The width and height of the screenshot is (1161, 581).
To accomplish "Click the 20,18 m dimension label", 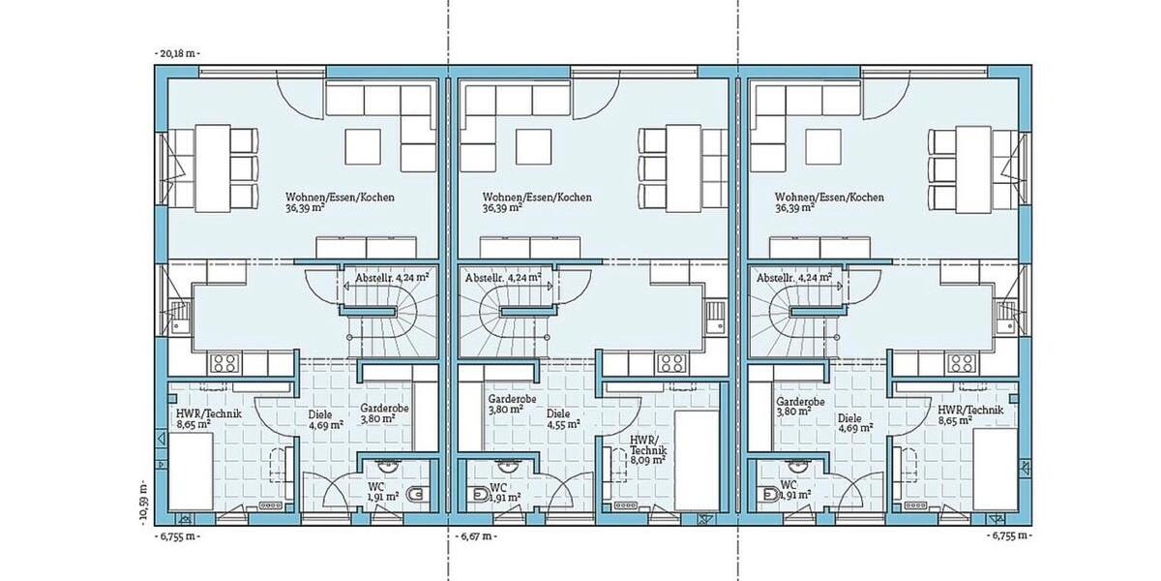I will [177, 53].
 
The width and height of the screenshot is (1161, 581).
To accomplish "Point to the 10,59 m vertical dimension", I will [144, 500].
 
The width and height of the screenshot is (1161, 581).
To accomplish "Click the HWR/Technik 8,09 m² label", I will [640, 449].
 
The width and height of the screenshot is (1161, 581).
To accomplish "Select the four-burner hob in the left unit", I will [225, 364].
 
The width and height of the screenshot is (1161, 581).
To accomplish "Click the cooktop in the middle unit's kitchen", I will [670, 364].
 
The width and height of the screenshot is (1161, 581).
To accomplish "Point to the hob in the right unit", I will [962, 364].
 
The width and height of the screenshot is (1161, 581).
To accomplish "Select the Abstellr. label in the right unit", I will [787, 277].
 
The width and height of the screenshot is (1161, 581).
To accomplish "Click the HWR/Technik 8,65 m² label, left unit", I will [206, 417].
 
